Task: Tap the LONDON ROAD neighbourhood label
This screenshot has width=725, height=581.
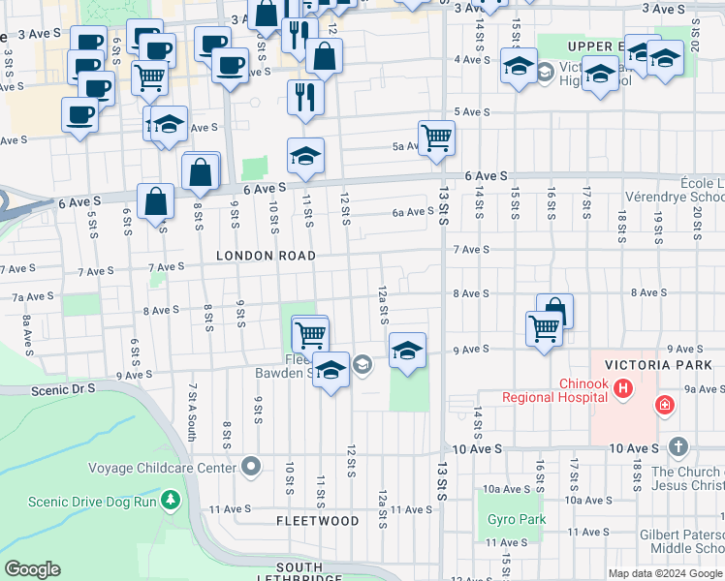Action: click(x=266, y=256)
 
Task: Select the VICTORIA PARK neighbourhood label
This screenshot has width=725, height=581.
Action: click(x=657, y=366)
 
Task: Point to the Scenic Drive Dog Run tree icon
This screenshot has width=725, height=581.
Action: click(x=172, y=500)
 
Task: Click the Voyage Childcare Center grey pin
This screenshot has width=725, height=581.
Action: click(x=252, y=468)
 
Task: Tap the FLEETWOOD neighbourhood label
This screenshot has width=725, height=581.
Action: click(x=317, y=521)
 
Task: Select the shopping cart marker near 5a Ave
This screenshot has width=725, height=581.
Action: click(x=436, y=137)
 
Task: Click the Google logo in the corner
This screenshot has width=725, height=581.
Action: click(x=32, y=569)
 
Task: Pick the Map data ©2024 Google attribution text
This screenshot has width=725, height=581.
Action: click(x=664, y=573)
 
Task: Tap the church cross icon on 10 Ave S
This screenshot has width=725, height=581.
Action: click(x=678, y=447)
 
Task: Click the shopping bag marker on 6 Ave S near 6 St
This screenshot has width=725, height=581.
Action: click(x=155, y=201)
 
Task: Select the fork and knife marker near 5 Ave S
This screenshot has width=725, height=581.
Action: click(x=305, y=98)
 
